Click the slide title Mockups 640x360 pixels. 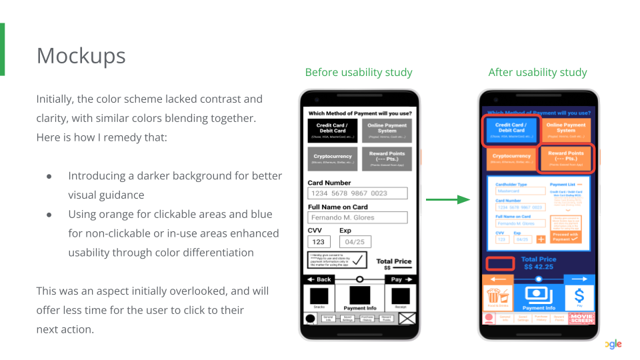tap(81, 55)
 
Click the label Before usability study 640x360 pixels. tap(359, 72)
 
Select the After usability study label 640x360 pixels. tap(537, 72)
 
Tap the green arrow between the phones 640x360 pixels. tap(448, 199)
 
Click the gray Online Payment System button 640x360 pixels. tap(387, 131)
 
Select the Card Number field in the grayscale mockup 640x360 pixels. tap(357, 193)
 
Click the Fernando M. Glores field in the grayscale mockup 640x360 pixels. tap(357, 217)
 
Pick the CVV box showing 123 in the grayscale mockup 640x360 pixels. tap(319, 242)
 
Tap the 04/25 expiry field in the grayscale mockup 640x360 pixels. tap(355, 242)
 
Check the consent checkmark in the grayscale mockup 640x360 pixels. tap(359, 260)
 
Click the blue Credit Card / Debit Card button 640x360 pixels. tap(510, 131)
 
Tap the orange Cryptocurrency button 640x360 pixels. tap(510, 159)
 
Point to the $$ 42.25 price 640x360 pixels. tap(539, 267)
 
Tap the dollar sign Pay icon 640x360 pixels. tap(579, 297)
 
